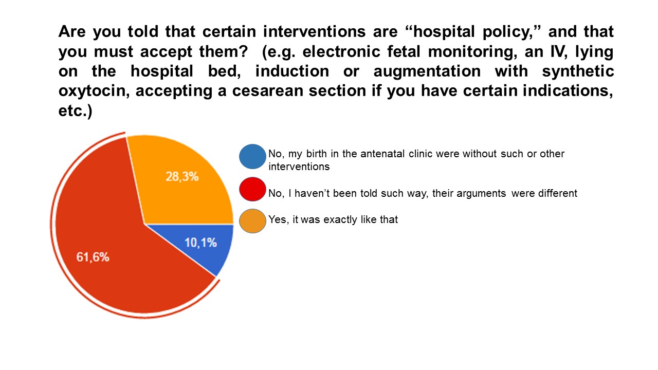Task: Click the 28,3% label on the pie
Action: pyautogui.click(x=182, y=176)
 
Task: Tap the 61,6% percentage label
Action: pyautogui.click(x=93, y=257)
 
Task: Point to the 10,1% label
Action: pyautogui.click(x=200, y=243)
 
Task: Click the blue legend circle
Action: pyautogui.click(x=252, y=157)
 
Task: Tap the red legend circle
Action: pyautogui.click(x=252, y=189)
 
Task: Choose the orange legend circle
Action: pyautogui.click(x=252, y=221)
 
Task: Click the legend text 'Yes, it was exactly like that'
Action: pyautogui.click(x=333, y=219)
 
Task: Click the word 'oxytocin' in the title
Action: pyautogui.click(x=94, y=91)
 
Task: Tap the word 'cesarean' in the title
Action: pyautogui.click(x=268, y=91)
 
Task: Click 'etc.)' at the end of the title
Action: pyautogui.click(x=75, y=110)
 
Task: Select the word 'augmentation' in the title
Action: pyautogui.click(x=427, y=71)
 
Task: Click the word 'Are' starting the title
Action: pyautogui.click(x=72, y=31)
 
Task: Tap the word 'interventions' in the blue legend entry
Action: pyautogui.click(x=299, y=167)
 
